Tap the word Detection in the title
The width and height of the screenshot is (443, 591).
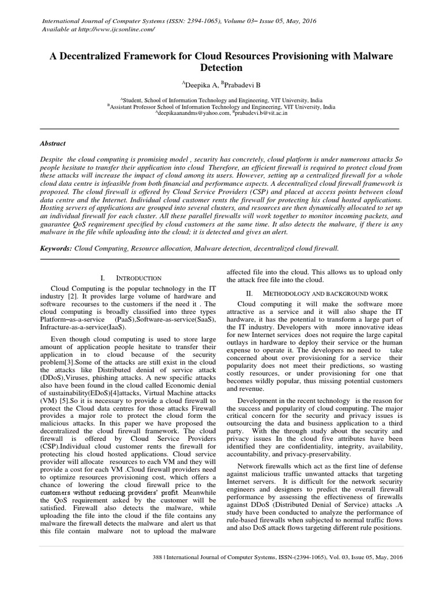[x=221, y=68]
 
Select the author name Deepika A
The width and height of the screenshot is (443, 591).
[x=199, y=85]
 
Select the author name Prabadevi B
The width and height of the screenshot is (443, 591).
[x=241, y=85]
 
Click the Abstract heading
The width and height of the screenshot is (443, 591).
[x=52, y=143]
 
